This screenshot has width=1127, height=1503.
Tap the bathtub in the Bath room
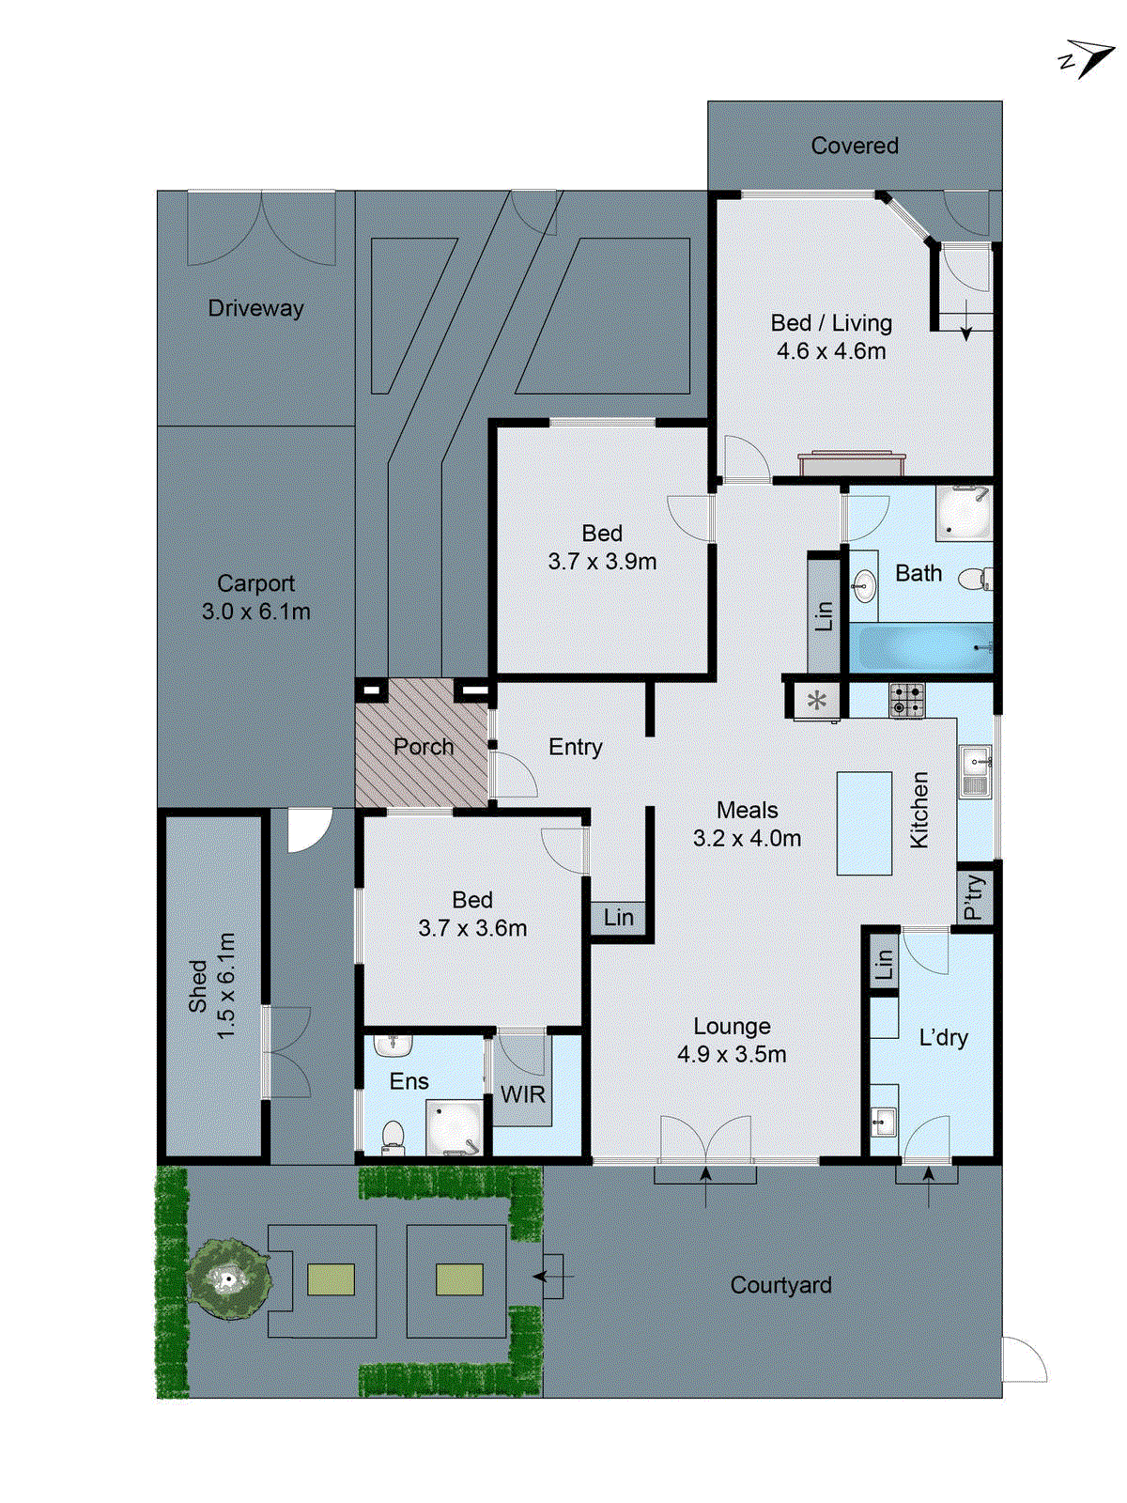coord(919,647)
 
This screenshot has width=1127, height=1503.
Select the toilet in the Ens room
coord(394,1136)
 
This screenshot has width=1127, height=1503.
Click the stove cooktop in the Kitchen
coord(906,700)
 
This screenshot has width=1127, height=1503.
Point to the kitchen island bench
coord(864,823)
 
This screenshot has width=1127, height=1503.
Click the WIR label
coord(522,1094)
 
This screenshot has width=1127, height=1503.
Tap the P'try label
coord(975,896)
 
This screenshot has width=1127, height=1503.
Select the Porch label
coord(424,747)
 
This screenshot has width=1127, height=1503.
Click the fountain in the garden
coord(227,1278)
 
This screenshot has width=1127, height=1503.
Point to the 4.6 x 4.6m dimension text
coord(831,351)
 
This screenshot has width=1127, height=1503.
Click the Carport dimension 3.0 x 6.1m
coord(255,612)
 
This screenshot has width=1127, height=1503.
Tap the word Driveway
coord(255,308)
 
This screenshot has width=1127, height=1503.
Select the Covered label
coord(855,146)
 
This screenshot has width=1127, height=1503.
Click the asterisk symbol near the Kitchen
coord(817,700)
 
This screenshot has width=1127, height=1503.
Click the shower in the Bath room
coord(964,513)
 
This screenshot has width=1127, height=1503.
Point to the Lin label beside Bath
coord(824,616)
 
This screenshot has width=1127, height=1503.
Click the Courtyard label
coord(780,1285)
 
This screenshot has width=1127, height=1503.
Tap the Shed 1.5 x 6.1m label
coord(212,985)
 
